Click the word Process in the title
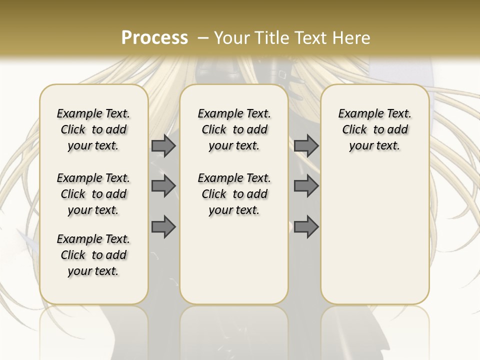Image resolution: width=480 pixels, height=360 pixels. point(154,38)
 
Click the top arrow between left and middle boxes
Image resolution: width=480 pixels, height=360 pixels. point(163,145)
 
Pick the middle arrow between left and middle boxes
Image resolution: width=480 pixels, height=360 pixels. point(163,186)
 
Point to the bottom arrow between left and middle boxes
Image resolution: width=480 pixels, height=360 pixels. point(163,227)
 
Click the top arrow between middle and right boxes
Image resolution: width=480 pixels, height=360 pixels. point(306,145)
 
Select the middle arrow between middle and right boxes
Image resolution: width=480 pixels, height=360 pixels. point(306,186)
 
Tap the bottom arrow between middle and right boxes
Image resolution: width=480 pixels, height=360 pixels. point(306,227)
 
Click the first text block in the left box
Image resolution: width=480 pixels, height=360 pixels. point(93,129)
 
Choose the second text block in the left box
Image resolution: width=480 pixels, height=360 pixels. point(93,194)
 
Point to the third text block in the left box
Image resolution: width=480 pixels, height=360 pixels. point(93,255)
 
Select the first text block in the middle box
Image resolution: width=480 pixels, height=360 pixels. point(234,129)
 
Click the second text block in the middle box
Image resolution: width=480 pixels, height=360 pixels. point(234,194)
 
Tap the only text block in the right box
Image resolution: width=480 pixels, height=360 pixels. point(374,129)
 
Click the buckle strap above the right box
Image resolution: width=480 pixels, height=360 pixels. point(283,75)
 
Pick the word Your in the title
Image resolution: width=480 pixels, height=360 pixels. point(232,38)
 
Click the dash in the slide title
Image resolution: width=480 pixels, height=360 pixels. point(203,38)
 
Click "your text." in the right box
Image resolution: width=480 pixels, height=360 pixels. point(374,146)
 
